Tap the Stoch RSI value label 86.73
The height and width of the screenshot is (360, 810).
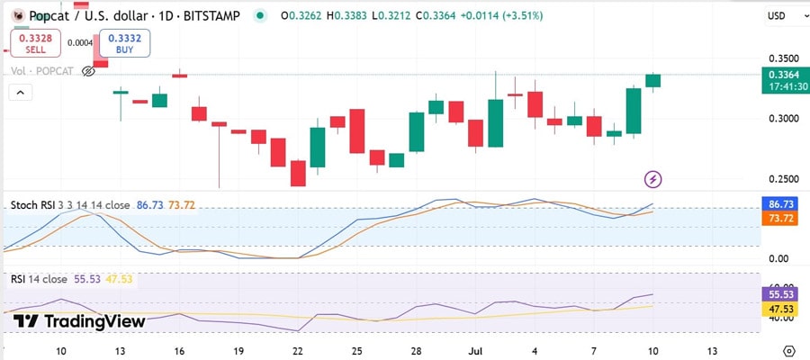(778, 205)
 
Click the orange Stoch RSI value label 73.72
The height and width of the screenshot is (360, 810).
(778, 219)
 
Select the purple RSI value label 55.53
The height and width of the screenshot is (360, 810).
(778, 294)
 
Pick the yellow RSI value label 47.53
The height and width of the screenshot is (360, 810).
(778, 309)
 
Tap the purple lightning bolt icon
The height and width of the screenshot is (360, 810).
(653, 179)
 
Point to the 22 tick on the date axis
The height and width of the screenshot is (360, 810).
(298, 350)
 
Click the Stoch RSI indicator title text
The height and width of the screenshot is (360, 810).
(70, 205)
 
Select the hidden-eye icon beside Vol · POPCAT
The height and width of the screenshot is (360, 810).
(88, 71)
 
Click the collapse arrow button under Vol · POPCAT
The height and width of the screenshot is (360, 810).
(20, 92)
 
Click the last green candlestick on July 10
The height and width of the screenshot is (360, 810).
(653, 80)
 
